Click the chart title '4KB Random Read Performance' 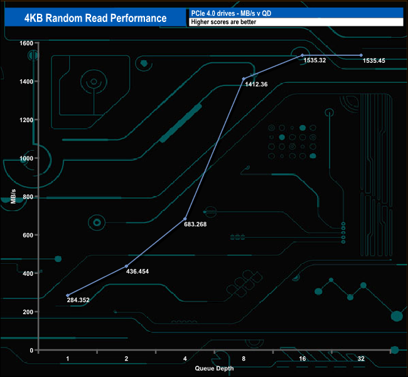(95, 18)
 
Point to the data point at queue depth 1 (68, 295)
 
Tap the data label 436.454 (142, 271)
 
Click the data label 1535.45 (375, 60)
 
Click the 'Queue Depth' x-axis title (214, 368)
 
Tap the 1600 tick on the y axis (26, 43)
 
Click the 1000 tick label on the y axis (26, 158)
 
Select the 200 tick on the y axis (28, 312)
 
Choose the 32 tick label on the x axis (360, 359)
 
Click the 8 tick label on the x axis (244, 359)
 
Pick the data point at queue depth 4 (185, 219)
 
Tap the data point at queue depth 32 (361, 55)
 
